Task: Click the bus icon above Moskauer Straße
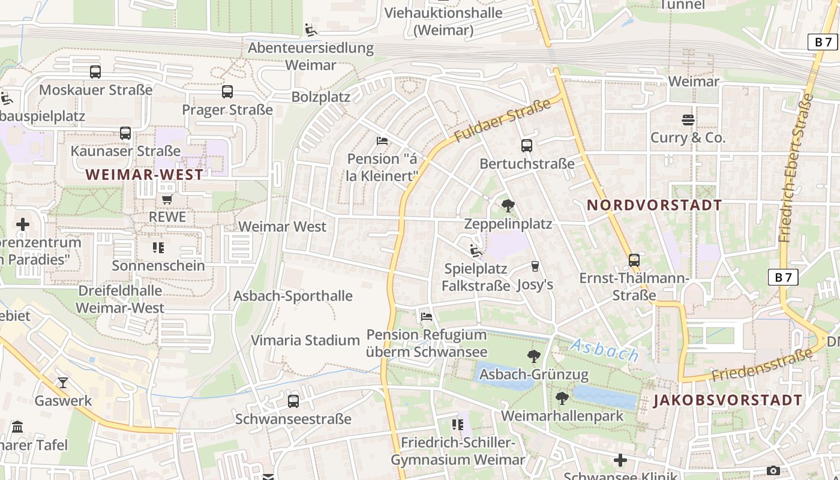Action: point(95,72)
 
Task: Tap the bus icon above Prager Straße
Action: point(227,92)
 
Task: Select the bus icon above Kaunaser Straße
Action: point(125,133)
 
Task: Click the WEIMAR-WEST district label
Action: point(144,175)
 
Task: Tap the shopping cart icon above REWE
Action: point(167,199)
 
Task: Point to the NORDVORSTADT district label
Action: point(654,205)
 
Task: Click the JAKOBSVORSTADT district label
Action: point(727,400)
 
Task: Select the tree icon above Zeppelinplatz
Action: point(508,206)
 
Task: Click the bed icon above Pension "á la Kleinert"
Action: point(382,141)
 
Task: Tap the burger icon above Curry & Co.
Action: point(688,120)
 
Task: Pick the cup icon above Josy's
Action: point(535,266)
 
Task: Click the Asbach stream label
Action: point(604,350)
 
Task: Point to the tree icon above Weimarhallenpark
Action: point(562,398)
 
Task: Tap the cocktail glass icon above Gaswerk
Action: point(63,382)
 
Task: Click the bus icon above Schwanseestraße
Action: point(293,401)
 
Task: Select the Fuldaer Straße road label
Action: point(502,121)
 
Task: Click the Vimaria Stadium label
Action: point(305,340)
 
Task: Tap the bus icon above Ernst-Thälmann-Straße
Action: point(634,260)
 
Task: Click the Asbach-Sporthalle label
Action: point(293,296)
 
